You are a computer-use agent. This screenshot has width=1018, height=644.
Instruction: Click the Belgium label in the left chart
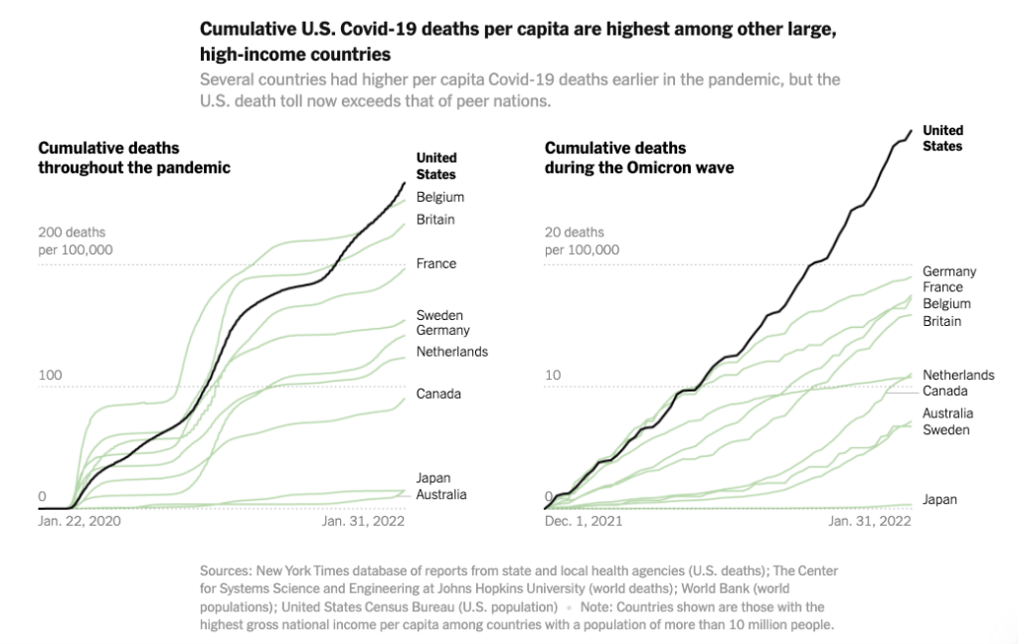pos(439,197)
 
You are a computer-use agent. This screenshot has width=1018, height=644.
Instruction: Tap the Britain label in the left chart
pos(435,220)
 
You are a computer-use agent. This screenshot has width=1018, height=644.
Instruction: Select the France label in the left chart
pos(436,263)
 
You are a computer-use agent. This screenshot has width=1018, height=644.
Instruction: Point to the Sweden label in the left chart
pos(439,315)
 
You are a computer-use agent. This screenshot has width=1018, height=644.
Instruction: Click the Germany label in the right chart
pos(949,271)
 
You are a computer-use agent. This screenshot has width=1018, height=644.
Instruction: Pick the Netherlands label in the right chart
pos(958,375)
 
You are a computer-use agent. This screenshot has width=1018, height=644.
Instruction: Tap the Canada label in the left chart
pos(438,394)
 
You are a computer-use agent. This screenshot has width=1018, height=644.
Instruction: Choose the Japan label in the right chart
pos(939,500)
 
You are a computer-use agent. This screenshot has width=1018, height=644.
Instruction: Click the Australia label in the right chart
pos(948,413)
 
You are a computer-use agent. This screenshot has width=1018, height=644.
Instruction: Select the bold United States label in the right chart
pos(943,138)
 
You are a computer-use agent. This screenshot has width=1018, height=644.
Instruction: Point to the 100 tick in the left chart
pos(50,376)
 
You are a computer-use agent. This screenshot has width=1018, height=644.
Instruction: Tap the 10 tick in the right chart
pos(553,376)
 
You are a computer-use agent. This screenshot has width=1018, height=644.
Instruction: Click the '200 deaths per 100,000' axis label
pos(76,241)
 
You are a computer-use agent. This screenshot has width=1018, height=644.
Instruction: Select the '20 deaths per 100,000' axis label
pos(582,241)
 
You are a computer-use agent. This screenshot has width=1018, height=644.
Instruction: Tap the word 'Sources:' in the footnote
pos(225,570)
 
